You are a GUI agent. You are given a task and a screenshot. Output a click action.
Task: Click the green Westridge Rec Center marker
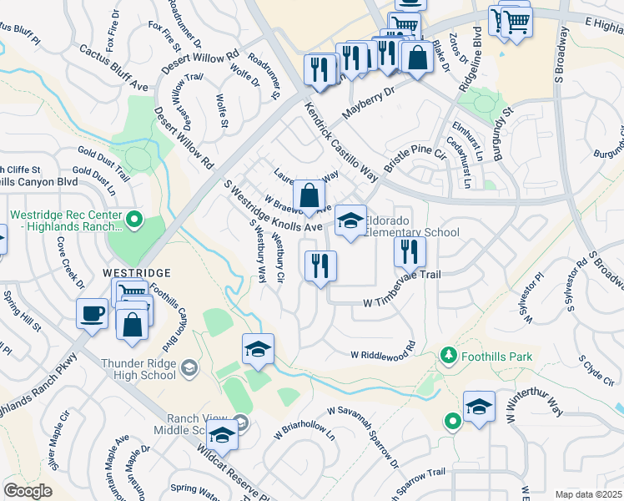[133, 221]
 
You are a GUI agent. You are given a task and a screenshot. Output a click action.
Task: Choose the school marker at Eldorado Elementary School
[351, 220]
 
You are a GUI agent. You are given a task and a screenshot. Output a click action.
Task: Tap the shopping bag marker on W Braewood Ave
[309, 196]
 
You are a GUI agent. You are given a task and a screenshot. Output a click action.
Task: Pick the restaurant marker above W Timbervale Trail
[410, 251]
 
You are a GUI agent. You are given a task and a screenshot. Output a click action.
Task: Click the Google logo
[28, 490]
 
